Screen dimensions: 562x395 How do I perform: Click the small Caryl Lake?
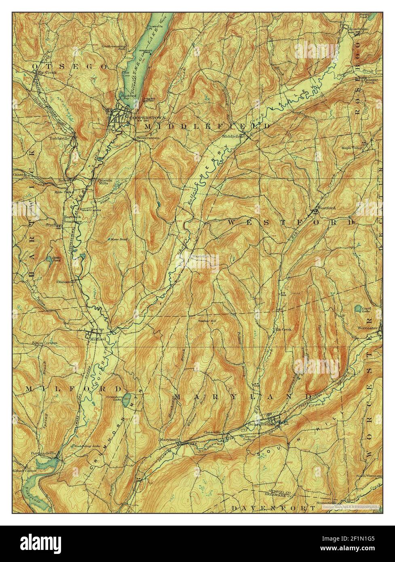358,310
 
